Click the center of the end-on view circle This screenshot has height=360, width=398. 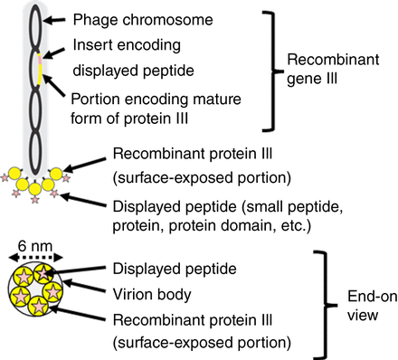(31, 292)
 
